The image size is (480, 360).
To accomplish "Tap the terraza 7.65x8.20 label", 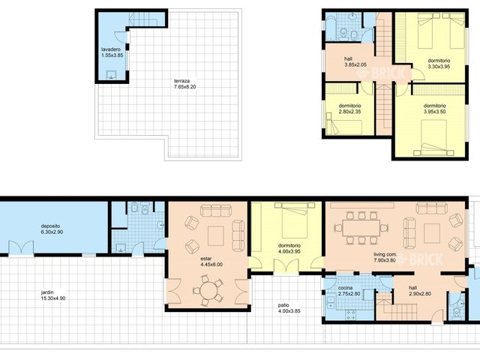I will pos(184,84).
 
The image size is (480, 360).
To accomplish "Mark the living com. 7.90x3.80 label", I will pos(388,258).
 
